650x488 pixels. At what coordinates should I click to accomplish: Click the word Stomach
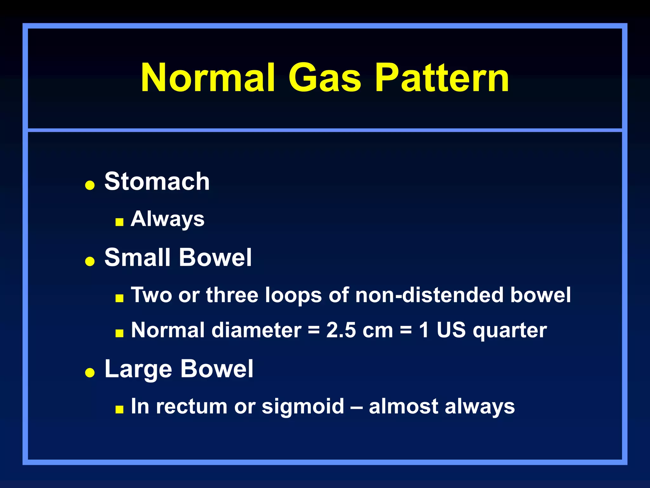157,181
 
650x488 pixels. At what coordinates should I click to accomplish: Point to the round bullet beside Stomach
90,185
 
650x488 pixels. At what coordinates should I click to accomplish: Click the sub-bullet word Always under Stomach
168,219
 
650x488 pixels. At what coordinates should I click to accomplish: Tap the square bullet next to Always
119,222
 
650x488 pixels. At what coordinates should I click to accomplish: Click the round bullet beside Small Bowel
90,261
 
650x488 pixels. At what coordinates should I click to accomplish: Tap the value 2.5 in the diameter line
341,330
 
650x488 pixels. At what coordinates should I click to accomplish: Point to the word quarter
510,331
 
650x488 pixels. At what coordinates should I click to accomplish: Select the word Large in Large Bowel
139,369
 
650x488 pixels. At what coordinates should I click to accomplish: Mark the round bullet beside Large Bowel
90,372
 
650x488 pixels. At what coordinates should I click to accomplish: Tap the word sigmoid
303,407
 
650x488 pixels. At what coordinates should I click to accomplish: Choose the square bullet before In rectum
119,409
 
